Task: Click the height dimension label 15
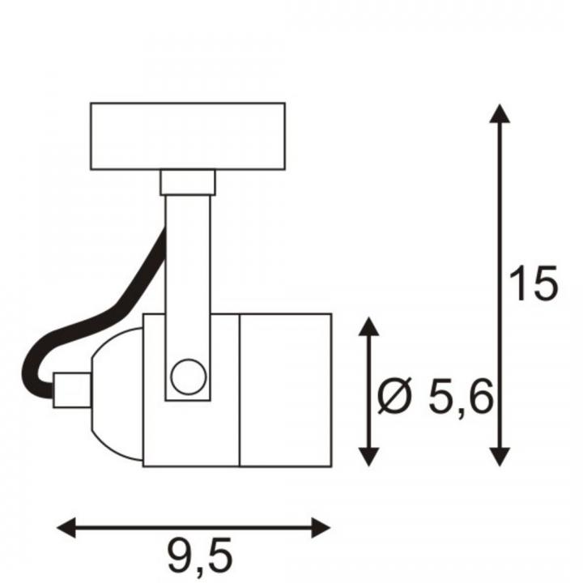click(x=533, y=283)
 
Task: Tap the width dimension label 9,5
click(x=200, y=556)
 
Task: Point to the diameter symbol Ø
click(x=395, y=396)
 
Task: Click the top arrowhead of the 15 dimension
click(x=500, y=113)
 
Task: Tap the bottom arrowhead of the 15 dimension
click(x=500, y=457)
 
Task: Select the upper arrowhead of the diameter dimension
click(x=368, y=326)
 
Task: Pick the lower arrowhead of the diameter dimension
click(x=368, y=457)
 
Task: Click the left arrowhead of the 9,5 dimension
click(x=66, y=527)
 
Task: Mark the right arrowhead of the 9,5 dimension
click(x=321, y=527)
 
